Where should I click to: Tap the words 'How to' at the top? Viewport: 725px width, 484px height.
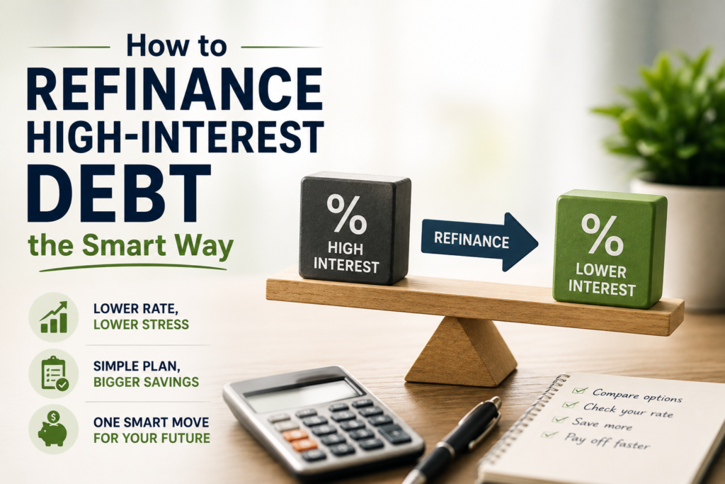coord(176,46)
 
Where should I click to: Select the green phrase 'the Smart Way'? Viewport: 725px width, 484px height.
coord(131,246)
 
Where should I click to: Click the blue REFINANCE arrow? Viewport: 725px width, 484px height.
coord(479,242)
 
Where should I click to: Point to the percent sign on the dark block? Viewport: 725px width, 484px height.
coord(346,214)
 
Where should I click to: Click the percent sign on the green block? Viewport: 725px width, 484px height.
coord(603,235)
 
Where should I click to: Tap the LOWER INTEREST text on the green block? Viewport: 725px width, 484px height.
coord(602,279)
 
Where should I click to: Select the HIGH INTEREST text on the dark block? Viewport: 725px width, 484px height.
coord(346,257)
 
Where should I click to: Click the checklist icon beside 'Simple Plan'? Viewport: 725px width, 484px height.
coord(54,373)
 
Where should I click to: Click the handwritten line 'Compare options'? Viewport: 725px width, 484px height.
coord(637,395)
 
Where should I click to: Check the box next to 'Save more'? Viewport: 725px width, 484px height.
coord(560,420)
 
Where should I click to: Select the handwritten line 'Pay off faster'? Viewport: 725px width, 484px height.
coord(607,441)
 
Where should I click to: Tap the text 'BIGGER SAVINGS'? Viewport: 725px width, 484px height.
coord(146,382)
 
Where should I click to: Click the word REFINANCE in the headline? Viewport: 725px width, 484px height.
coord(175,89)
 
